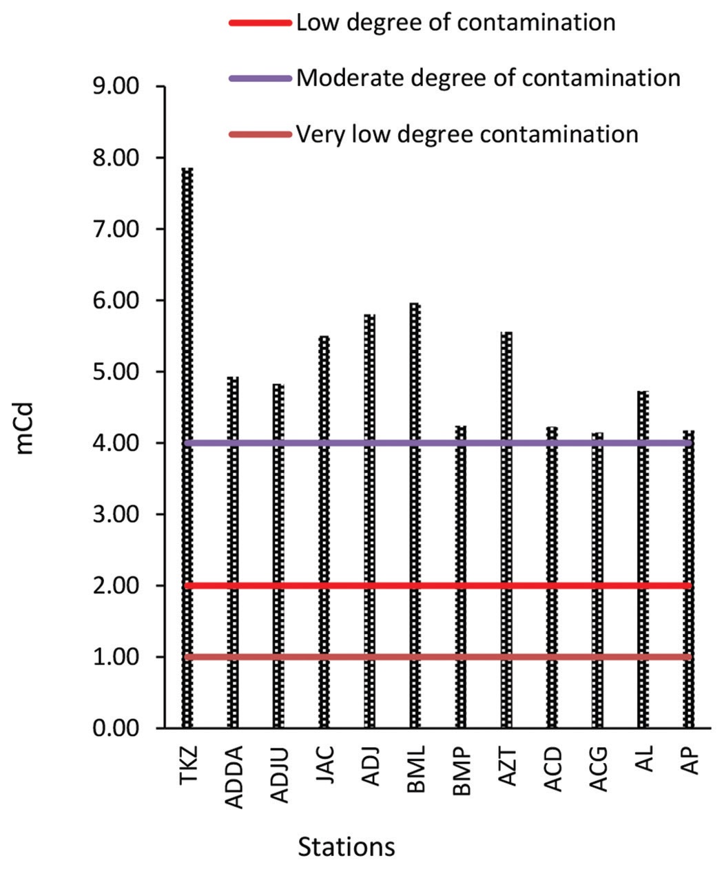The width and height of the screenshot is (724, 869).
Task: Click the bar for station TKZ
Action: click(x=187, y=448)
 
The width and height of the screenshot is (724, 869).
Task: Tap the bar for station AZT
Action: click(x=506, y=530)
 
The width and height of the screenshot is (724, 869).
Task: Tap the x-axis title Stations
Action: click(x=347, y=846)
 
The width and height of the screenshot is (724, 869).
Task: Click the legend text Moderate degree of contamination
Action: click(x=488, y=78)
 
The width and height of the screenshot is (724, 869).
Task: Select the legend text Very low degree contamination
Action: click(x=467, y=133)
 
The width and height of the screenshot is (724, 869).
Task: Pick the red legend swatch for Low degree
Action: click(x=260, y=23)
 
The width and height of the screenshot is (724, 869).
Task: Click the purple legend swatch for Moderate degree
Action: click(x=260, y=78)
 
